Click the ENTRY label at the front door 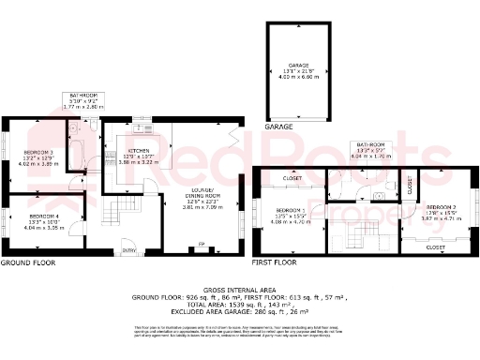coord(127,250)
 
